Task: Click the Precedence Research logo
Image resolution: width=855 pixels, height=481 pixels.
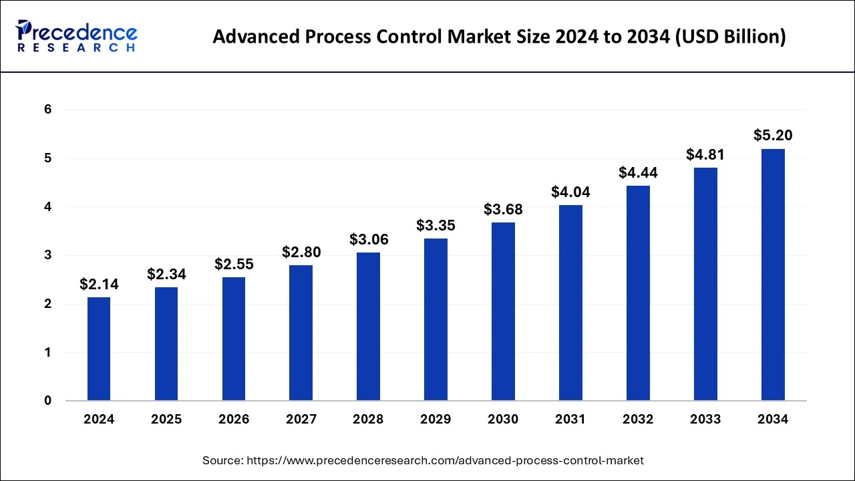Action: coord(76,36)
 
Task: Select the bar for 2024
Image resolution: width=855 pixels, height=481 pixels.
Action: coord(99,349)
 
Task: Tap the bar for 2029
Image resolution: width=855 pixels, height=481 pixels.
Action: coord(436,319)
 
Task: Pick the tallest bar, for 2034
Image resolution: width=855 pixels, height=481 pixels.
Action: coord(773,275)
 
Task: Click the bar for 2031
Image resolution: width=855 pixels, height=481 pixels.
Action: coord(570,303)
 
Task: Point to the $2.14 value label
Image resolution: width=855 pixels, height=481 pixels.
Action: coord(99,285)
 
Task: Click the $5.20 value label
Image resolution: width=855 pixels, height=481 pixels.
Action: coord(773,136)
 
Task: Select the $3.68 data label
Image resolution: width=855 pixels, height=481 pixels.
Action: coord(503,210)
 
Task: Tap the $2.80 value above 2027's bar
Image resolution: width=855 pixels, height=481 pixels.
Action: coord(301,253)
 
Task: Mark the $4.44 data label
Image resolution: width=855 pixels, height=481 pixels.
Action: coord(638,173)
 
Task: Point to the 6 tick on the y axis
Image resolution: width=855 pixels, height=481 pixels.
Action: coord(48,110)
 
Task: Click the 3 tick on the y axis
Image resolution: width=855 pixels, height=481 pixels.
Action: coord(48,255)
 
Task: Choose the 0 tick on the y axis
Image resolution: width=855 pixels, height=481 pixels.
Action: coord(48,401)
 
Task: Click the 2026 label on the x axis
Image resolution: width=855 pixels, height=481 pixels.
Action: coord(234,420)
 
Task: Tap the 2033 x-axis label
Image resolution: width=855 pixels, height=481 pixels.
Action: coord(705,420)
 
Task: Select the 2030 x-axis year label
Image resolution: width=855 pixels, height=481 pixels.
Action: coord(503,420)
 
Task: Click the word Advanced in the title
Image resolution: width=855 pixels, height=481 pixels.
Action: coord(254,37)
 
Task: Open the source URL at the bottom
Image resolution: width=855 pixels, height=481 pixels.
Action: coord(445,460)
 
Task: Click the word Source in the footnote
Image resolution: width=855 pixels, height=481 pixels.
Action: coord(222,460)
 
